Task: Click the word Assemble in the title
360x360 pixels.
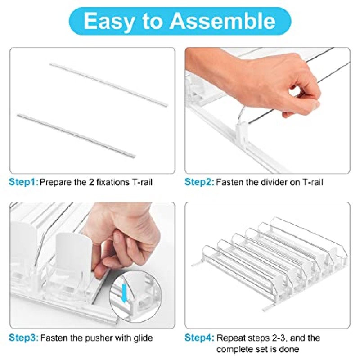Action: (x=222, y=21)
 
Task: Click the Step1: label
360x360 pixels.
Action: (x=24, y=182)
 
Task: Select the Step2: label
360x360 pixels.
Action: (x=199, y=182)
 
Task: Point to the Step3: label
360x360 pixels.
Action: (x=24, y=338)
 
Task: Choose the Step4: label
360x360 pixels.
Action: (x=199, y=338)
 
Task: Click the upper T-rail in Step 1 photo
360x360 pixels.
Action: (x=109, y=85)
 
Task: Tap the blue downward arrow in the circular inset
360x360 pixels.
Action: (x=125, y=293)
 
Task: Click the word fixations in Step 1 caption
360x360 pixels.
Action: (x=113, y=182)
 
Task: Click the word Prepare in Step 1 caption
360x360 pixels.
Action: (x=55, y=183)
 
